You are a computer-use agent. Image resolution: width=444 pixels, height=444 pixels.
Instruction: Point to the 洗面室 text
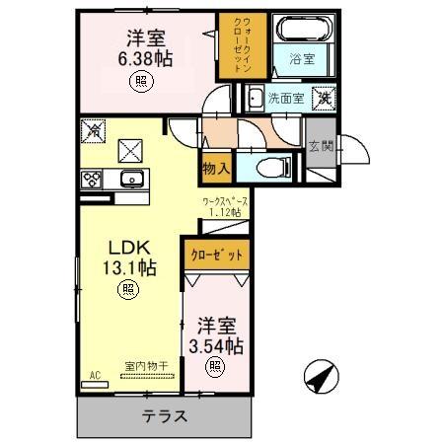[286, 99]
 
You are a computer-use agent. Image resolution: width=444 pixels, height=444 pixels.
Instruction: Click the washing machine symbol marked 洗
[324, 98]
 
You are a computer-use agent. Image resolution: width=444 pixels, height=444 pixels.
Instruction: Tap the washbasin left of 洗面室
[255, 99]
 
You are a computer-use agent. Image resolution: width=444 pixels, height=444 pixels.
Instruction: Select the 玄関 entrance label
[321, 147]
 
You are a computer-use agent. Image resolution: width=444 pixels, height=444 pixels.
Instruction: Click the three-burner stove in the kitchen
[91, 179]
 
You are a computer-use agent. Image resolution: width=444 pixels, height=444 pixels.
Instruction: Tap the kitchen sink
[129, 179]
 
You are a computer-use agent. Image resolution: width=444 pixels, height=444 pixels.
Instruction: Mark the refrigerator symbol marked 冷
[95, 127]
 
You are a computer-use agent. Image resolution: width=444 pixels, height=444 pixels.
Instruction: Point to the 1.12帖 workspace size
[232, 211]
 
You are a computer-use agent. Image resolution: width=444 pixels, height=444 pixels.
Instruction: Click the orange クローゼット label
[215, 254]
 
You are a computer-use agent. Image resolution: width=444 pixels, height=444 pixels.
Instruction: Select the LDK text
[127, 246]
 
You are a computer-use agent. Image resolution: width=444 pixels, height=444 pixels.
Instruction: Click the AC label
[96, 375]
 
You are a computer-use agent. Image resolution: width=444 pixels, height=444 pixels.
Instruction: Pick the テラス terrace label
[164, 415]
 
